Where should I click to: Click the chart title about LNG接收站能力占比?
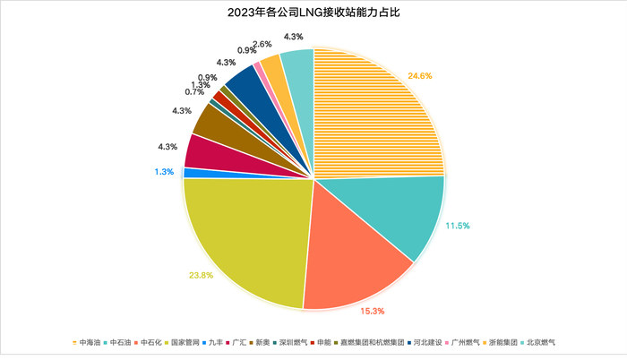click(313, 13)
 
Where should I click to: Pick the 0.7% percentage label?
click(195, 92)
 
